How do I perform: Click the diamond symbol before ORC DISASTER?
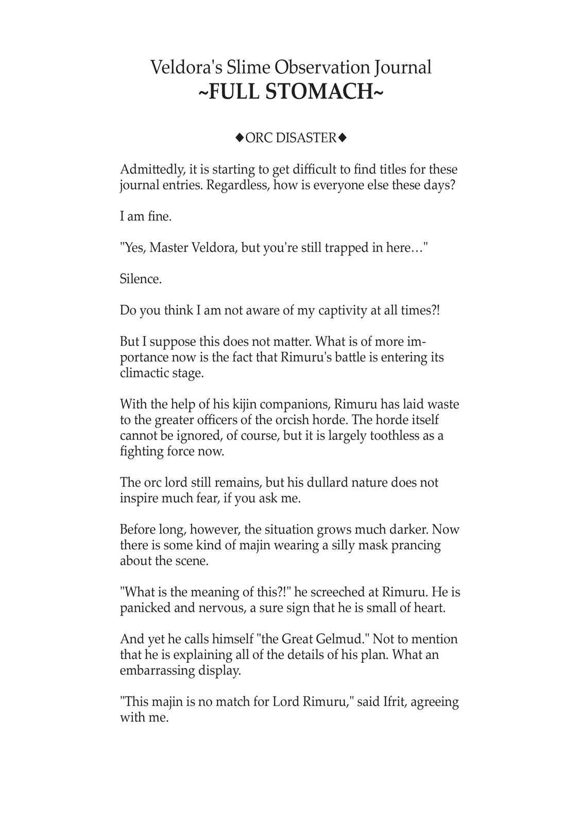[x=240, y=138]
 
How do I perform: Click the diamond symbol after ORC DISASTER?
[x=343, y=138]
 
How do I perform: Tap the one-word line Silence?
[x=141, y=279]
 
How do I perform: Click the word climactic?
[x=145, y=373]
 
